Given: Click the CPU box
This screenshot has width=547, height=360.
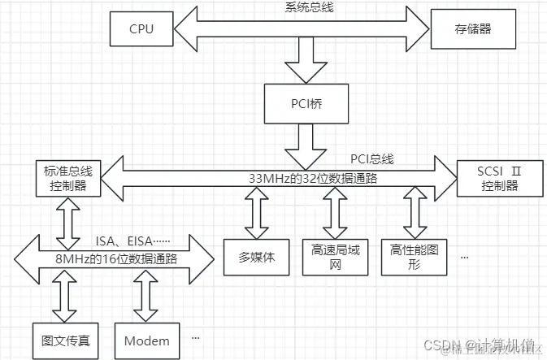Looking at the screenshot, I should coord(141,30).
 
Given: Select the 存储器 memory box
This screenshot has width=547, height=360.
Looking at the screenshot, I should coord(461,30).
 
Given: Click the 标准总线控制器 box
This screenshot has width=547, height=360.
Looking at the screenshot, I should coord(68,179).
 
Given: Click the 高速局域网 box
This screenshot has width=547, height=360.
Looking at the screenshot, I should coord(330,258).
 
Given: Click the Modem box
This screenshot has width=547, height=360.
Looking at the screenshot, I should coord(146,340).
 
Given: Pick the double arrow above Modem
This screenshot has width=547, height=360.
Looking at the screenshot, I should coord(147,297).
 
